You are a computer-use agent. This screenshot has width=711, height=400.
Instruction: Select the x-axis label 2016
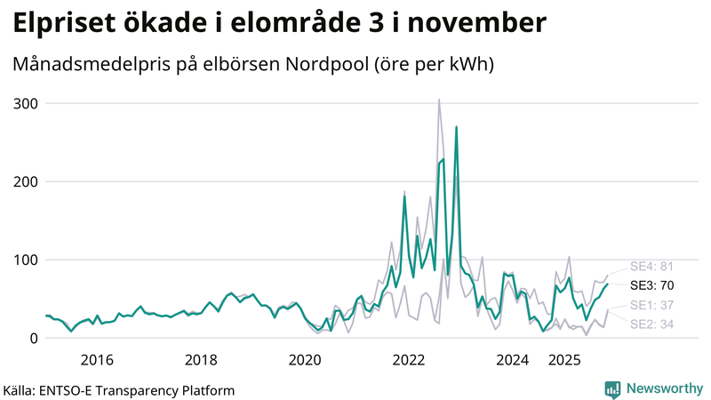97,360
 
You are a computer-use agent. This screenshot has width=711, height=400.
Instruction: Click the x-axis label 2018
201,360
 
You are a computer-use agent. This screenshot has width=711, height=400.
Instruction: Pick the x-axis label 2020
305,360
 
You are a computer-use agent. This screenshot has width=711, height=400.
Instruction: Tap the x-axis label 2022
409,360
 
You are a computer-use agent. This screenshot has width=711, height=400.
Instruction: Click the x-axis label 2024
513,360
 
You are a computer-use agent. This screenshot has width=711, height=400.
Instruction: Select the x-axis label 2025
564,360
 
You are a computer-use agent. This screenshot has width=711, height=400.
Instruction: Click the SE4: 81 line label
652,266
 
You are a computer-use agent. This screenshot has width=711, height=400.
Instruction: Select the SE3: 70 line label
652,285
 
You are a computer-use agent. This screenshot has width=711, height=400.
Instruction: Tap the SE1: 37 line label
652,306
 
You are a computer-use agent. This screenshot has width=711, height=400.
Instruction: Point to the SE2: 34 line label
652,324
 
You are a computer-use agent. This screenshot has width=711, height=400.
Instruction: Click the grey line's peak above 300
439,100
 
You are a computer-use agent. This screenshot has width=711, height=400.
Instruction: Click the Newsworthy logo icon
612,388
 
